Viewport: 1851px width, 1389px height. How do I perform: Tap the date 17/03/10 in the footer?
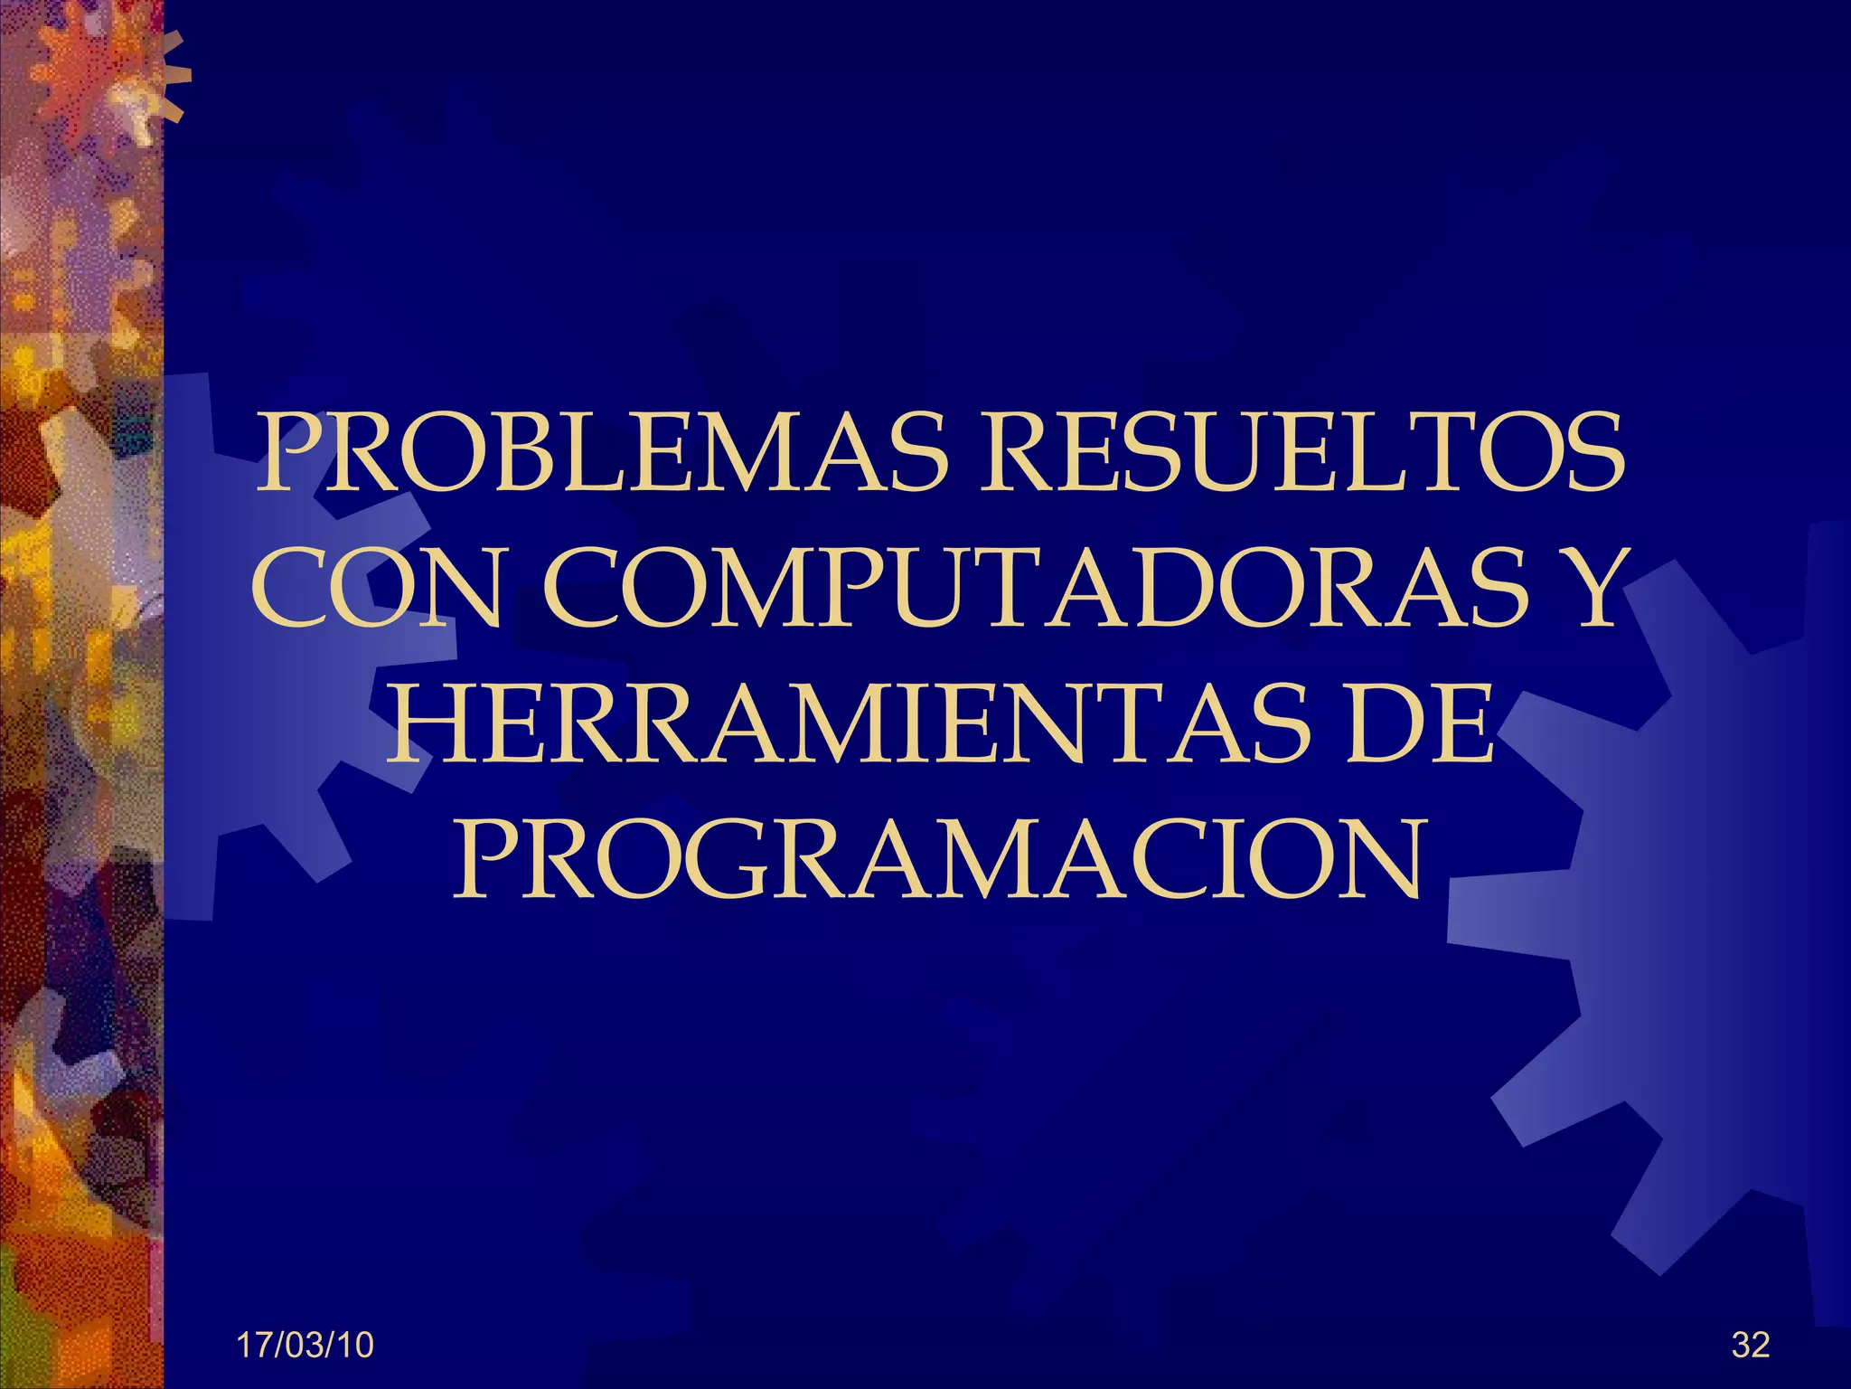[305, 1346]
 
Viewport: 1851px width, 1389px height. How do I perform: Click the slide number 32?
[1751, 1346]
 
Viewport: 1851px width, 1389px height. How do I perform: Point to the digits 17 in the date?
[253, 1346]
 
